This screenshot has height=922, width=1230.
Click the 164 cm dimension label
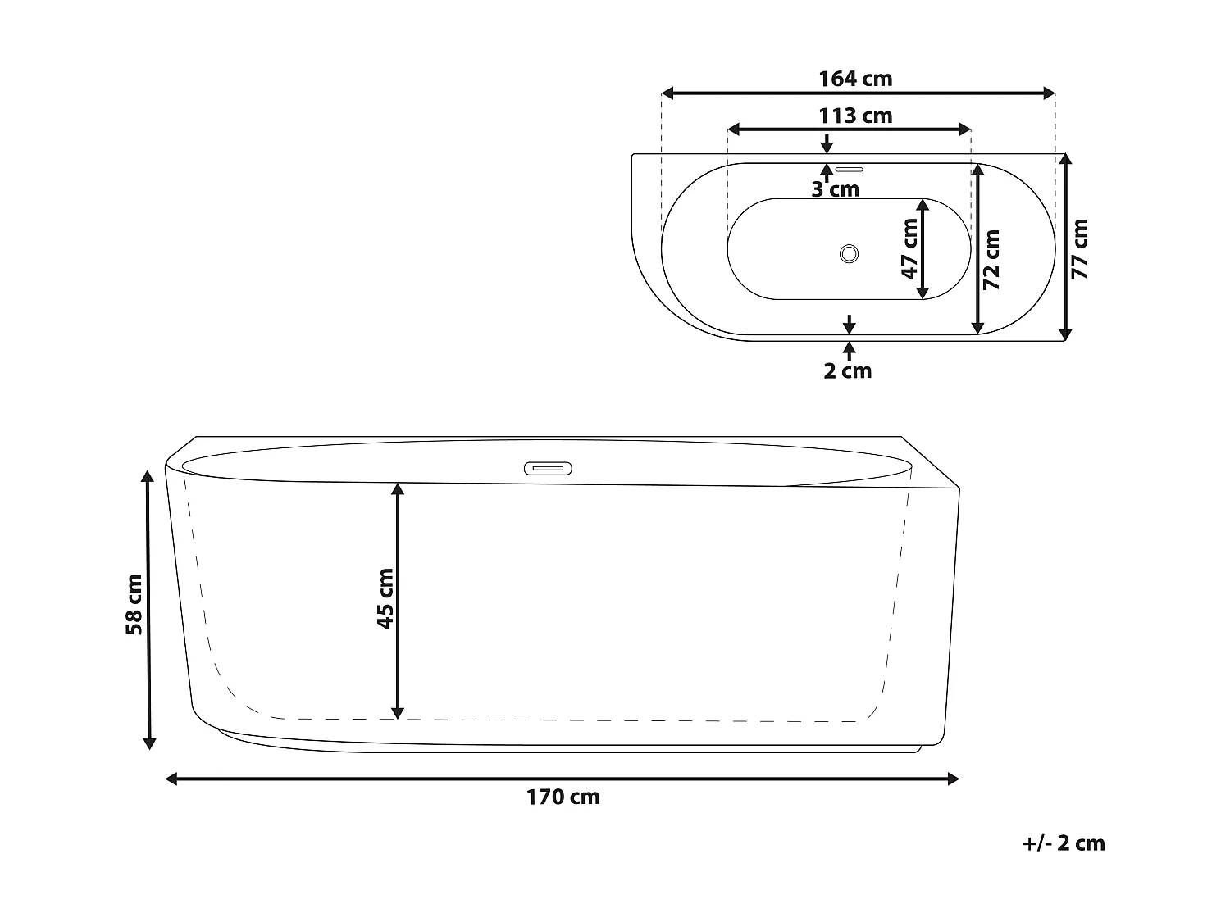[x=855, y=79]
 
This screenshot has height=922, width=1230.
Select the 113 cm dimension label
[x=855, y=116]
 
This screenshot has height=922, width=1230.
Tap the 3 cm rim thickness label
[x=835, y=189]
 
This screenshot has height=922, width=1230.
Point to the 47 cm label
[x=909, y=248]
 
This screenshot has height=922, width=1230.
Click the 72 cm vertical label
[x=991, y=259]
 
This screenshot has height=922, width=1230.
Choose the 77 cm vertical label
[x=1079, y=248]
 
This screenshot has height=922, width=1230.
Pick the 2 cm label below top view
[x=847, y=370]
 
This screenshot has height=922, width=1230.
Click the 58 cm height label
[x=134, y=605]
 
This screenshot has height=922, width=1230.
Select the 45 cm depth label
[x=385, y=599]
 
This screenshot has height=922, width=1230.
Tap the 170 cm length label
[x=563, y=797]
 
